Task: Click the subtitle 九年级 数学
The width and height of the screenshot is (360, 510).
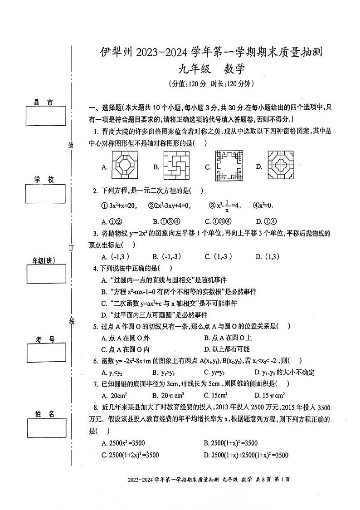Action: pyautogui.click(x=211, y=69)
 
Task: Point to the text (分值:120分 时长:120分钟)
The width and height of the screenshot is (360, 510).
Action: pyautogui.click(x=211, y=84)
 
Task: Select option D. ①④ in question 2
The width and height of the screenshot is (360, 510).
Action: pyautogui.click(x=266, y=221)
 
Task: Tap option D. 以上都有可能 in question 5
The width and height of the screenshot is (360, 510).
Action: pyautogui.click(x=227, y=349)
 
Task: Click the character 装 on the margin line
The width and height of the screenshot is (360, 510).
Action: pyautogui.click(x=71, y=145)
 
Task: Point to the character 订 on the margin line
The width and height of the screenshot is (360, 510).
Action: pyautogui.click(x=71, y=247)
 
